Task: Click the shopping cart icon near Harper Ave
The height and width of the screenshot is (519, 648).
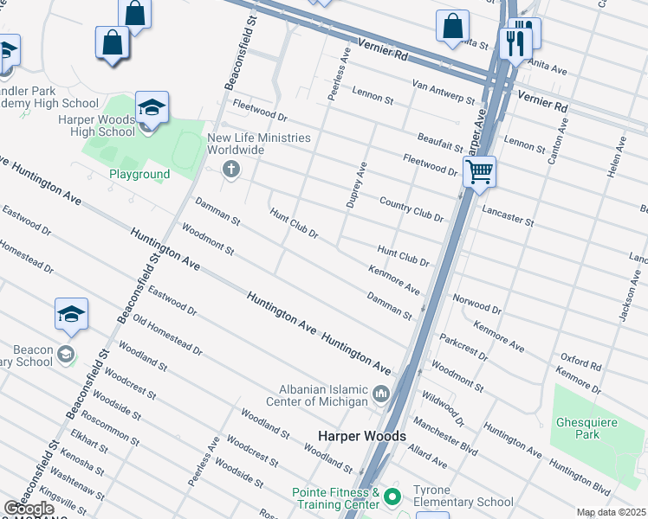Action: click(479, 170)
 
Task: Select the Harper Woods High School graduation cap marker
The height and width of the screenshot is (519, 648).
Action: click(152, 108)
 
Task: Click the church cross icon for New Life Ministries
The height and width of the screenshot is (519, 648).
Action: click(230, 170)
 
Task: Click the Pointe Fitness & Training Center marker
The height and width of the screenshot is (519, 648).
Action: click(392, 497)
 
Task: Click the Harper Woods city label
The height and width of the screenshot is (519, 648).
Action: click(362, 437)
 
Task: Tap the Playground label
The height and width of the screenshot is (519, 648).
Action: click(139, 174)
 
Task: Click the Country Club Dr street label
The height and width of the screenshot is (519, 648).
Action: click(411, 209)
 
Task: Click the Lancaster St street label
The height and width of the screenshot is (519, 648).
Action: click(508, 215)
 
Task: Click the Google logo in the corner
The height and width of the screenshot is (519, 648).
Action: click(29, 507)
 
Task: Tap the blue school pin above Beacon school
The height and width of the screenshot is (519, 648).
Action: click(71, 315)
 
